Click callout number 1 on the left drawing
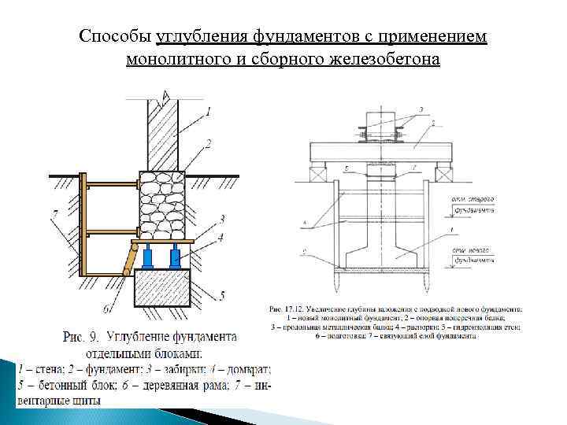(208, 113)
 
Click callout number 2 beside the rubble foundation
(208, 143)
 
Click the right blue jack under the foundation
(174, 257)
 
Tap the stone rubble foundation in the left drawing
(162, 204)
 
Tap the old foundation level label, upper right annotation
(470, 205)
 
